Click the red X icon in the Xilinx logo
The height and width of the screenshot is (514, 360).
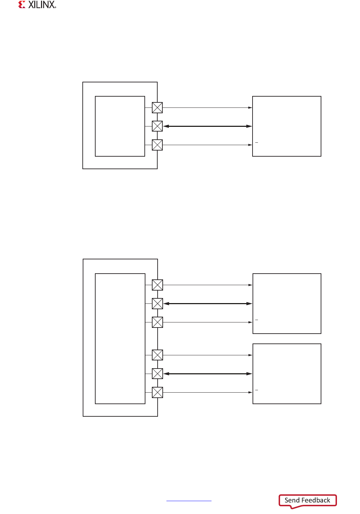(22, 5)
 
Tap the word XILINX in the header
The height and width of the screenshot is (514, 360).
(42, 5)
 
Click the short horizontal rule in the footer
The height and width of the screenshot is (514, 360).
(189, 501)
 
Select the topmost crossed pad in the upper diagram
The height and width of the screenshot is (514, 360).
(157, 108)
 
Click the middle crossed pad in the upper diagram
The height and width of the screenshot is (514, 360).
(157, 126)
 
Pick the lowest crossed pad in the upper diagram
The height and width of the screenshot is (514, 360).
(157, 145)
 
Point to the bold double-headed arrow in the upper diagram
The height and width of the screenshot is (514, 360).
(207, 126)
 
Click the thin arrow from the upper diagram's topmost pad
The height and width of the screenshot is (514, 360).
(207, 108)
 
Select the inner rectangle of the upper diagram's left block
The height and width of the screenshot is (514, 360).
(120, 126)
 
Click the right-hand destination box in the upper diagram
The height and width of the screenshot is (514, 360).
(287, 126)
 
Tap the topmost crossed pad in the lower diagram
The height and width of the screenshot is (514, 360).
(157, 285)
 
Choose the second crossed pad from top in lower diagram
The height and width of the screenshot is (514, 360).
(157, 303)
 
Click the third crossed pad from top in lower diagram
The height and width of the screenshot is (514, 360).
(157, 322)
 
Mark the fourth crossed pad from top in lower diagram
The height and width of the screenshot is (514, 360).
(157, 355)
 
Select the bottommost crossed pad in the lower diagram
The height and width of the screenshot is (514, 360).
(157, 392)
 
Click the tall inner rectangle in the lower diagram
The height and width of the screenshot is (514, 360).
(120, 338)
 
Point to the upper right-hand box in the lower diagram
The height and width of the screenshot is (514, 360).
(287, 303)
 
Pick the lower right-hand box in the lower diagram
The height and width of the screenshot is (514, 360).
(287, 374)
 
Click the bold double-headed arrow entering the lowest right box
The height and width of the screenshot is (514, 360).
(207, 374)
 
